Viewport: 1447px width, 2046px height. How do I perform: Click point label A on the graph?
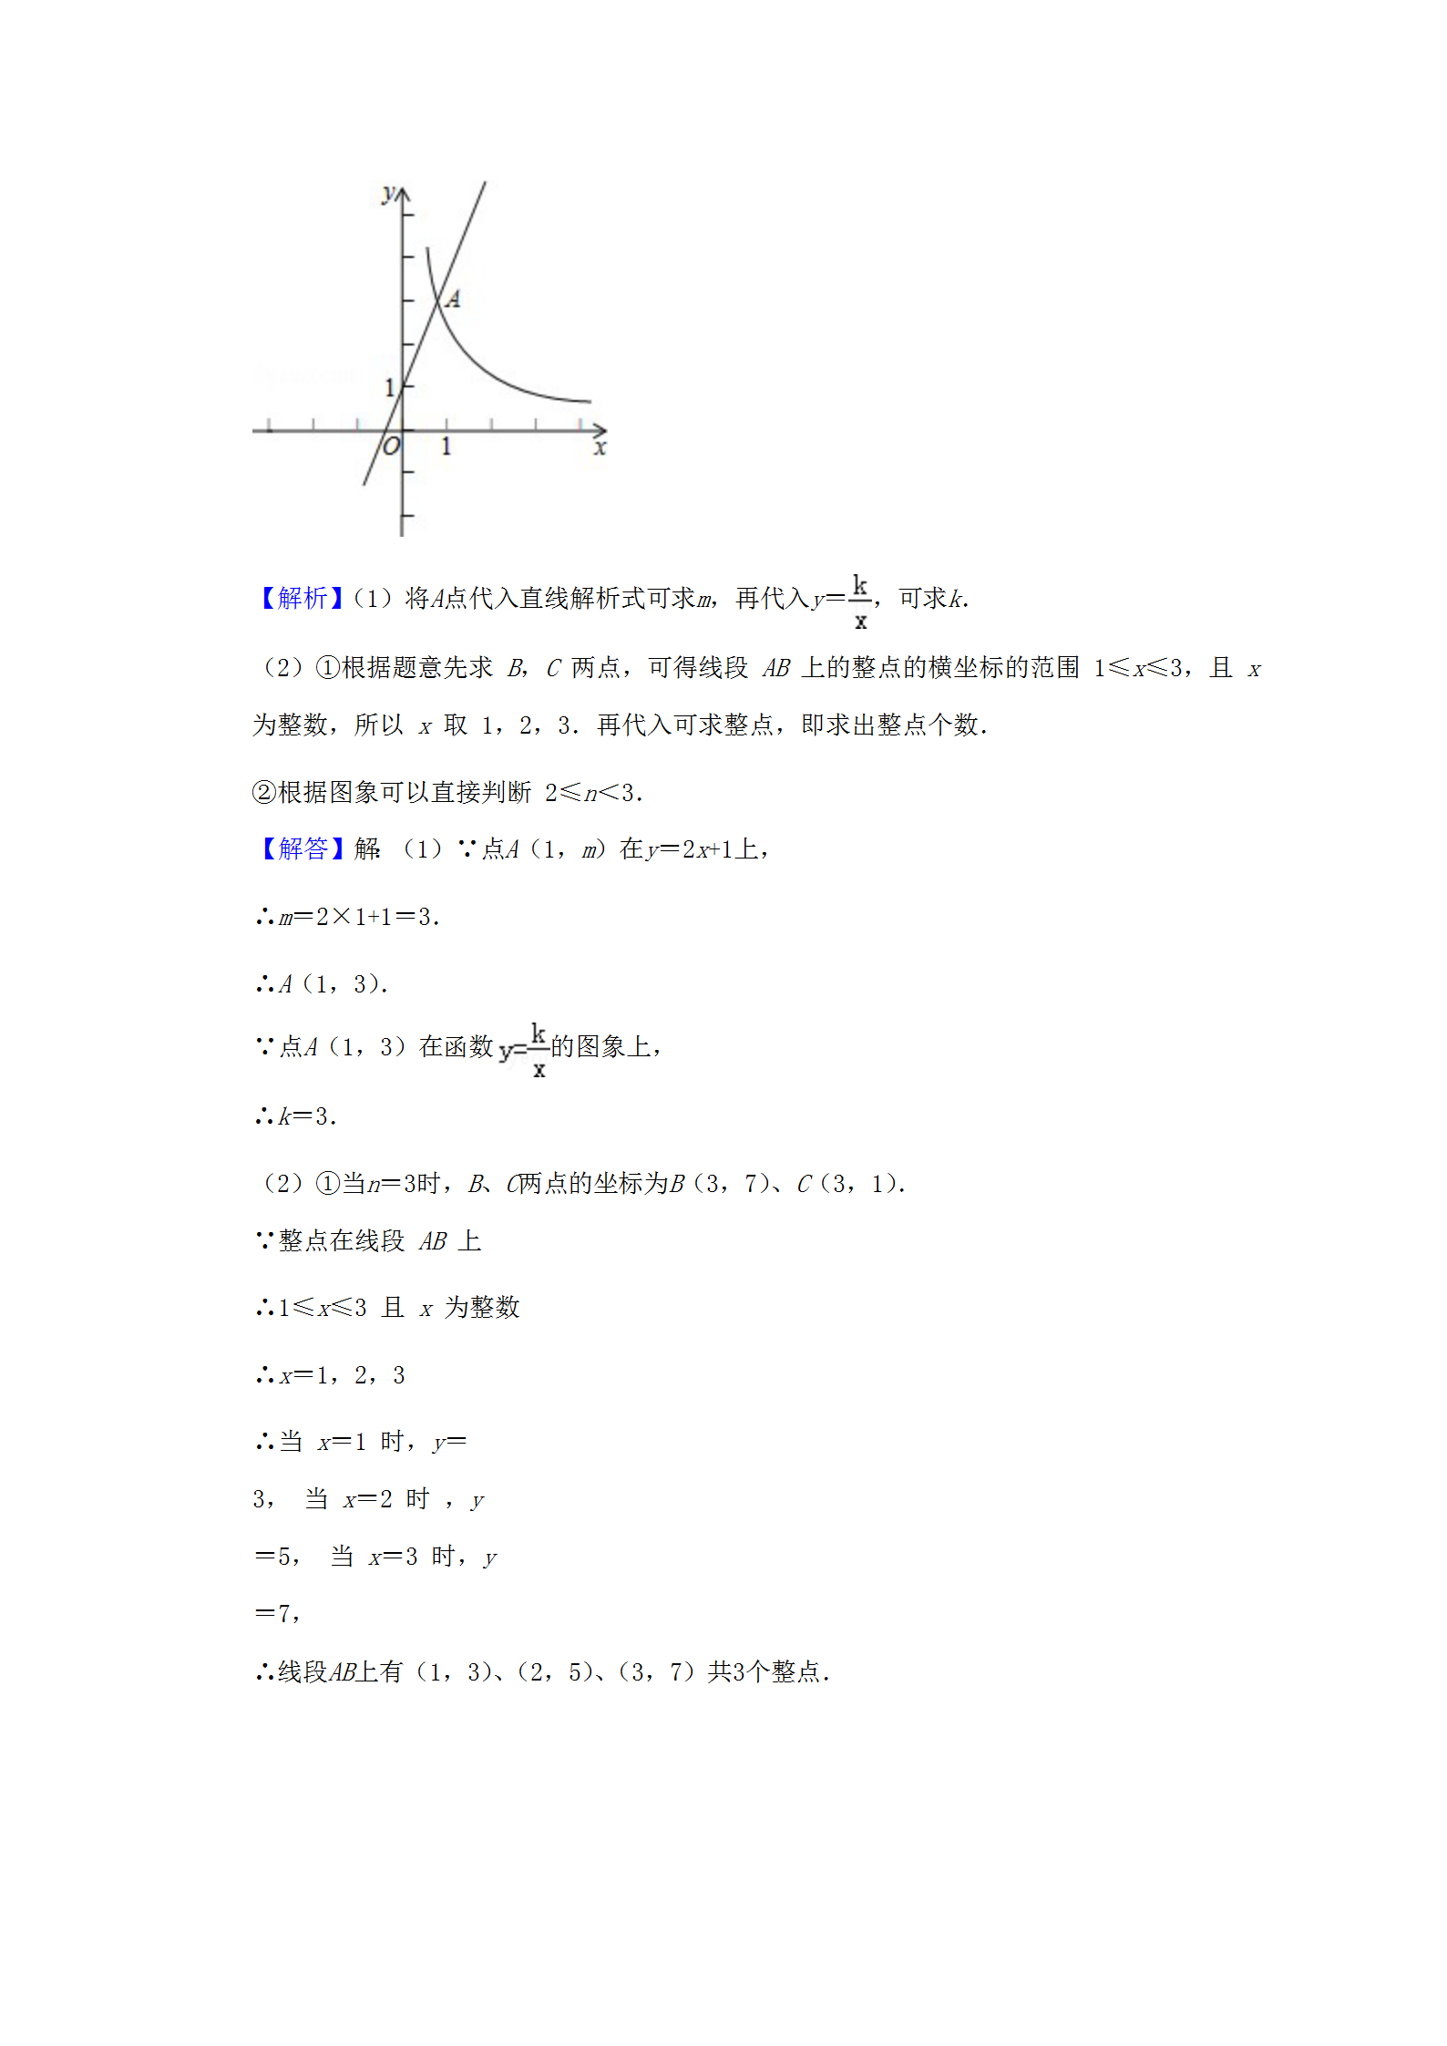pos(453,299)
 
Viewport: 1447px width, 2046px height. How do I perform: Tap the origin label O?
pos(391,447)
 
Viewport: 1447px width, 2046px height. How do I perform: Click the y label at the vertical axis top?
pos(389,193)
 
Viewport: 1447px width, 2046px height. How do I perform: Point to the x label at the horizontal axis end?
pos(600,447)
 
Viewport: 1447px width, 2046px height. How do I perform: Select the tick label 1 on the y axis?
pos(389,388)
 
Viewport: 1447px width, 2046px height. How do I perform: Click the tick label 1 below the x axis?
pos(446,447)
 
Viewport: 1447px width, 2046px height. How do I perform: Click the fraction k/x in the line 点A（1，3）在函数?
pos(539,1050)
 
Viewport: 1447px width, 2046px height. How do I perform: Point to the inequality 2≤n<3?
pos(592,793)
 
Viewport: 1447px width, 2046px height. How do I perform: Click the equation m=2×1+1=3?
pos(359,918)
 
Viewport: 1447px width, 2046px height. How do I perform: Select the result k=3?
pos(308,1116)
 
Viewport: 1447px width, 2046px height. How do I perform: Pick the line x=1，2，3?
pos(342,1375)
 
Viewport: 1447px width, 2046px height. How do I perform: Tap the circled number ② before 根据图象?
pos(264,793)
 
